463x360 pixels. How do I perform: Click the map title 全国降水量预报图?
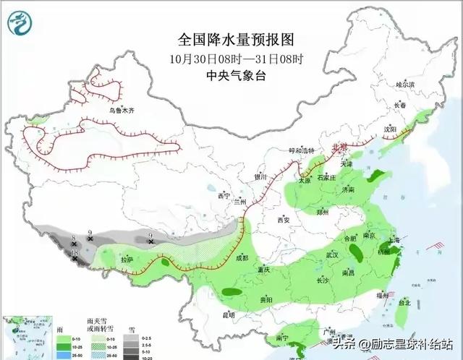point(236,38)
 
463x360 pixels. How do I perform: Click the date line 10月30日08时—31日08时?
point(235,58)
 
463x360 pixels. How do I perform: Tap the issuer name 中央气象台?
point(234,75)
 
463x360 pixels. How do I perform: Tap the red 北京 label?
point(339,147)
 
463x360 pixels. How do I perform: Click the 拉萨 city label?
point(127,260)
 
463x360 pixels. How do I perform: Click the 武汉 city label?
point(333,254)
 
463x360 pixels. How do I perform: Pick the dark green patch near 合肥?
point(357,252)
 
